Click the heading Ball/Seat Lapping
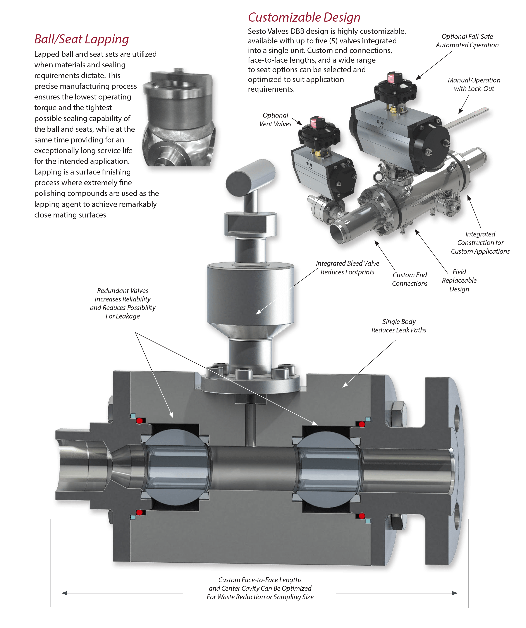pyautogui.click(x=81, y=39)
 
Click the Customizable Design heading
pyautogui.click(x=304, y=17)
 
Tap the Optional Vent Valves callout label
pyautogui.click(x=275, y=120)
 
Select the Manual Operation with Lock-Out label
pyautogui.click(x=474, y=84)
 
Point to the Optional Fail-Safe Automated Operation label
pyautogui.click(x=467, y=41)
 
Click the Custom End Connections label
pyautogui.click(x=410, y=279)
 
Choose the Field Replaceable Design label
pyautogui.click(x=459, y=280)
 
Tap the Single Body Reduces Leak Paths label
pyautogui.click(x=399, y=326)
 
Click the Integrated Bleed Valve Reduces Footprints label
pyautogui.click(x=347, y=268)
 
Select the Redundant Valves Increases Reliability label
pyautogui.click(x=123, y=303)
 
